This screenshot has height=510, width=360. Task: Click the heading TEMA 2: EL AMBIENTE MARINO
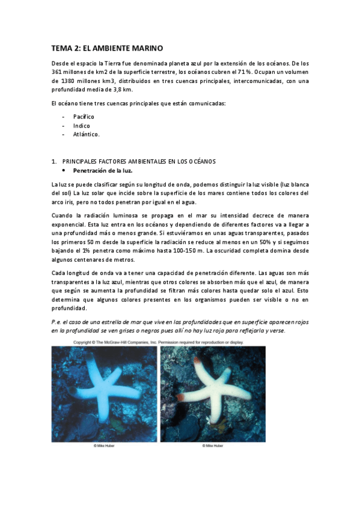click(107, 48)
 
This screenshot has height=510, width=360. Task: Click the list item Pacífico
click(84, 116)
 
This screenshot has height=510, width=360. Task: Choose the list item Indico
click(82, 125)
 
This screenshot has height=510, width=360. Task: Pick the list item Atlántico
click(87, 134)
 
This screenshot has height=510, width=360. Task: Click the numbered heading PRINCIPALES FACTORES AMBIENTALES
click(139, 161)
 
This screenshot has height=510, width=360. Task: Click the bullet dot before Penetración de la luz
click(64, 171)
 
